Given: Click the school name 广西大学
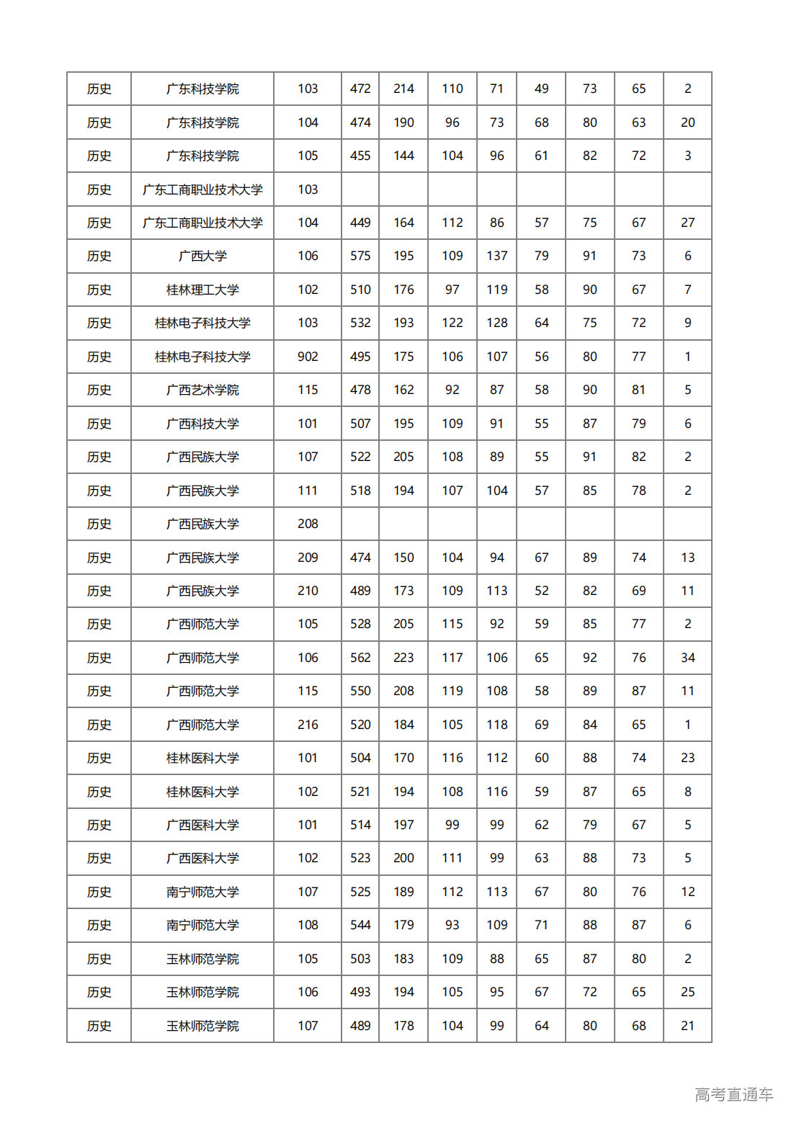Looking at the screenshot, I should (202, 256).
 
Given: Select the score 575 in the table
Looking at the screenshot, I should (360, 256).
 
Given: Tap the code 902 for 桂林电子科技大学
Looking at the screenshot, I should (308, 357).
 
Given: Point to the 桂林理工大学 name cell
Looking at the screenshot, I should (202, 290).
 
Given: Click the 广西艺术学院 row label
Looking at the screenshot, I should (202, 390).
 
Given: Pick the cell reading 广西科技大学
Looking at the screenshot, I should (202, 424).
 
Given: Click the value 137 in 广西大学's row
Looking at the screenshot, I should (496, 256).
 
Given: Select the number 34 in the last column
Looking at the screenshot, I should (687, 658).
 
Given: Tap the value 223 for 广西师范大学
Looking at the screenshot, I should (403, 658).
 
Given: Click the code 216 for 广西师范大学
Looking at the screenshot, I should (308, 725).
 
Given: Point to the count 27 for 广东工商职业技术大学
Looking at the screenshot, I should (687, 223).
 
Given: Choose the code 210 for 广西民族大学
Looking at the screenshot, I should (308, 591).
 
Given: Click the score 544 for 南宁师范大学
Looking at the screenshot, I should (360, 925).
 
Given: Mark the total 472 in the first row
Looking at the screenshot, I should (360, 89).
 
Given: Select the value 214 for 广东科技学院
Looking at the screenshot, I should (403, 89).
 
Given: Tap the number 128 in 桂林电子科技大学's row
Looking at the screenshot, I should (496, 323).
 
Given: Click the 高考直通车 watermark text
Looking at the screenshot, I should (733, 1095).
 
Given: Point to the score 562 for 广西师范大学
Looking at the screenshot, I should (360, 658).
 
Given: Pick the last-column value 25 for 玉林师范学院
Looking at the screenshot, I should (687, 992).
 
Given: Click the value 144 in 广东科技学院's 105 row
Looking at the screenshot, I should (403, 156).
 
